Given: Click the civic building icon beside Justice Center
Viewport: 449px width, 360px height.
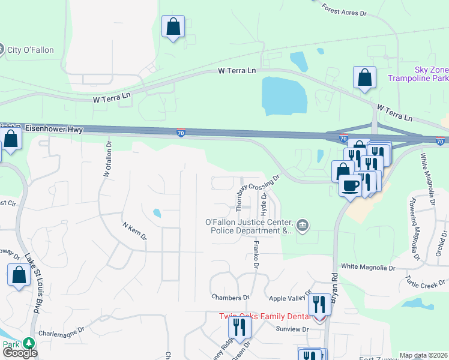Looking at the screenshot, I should (x=303, y=226).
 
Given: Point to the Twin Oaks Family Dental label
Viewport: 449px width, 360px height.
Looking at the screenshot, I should (x=267, y=316).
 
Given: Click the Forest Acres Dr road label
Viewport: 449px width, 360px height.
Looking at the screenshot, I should (x=344, y=10).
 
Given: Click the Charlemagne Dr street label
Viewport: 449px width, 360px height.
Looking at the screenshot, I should (x=59, y=332).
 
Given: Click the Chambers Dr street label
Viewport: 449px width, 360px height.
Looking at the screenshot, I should (x=230, y=297).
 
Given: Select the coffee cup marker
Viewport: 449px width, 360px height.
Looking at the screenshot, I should (x=351, y=185).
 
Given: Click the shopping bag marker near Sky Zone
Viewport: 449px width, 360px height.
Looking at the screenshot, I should (x=364, y=78).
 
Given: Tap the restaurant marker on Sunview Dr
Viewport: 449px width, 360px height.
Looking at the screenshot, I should (x=240, y=328).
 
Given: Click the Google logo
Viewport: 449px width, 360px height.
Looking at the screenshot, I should (x=20, y=353).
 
